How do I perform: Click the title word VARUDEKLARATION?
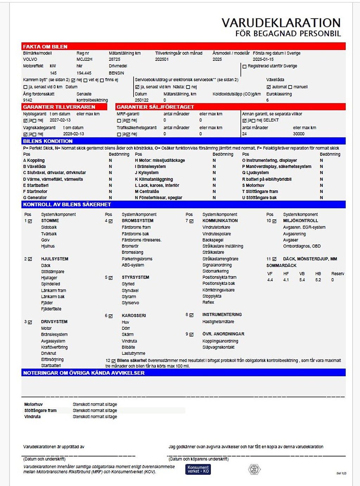tap(281, 23)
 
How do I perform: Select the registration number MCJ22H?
tap(84, 59)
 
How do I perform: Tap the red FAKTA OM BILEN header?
tap(45, 46)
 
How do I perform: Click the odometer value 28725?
tap(115, 59)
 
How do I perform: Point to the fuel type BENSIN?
tap(116, 73)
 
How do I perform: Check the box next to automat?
tap(269, 87)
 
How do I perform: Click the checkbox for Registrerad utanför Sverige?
tap(244, 66)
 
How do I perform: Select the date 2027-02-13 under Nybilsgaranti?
tap(60, 120)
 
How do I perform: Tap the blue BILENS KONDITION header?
tap(48, 141)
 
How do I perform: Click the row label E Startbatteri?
tap(36, 185)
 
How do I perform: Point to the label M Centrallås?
tap(147, 192)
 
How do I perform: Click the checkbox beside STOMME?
tap(30, 221)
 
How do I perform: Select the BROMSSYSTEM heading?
tap(137, 221)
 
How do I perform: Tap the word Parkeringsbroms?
tap(137, 259)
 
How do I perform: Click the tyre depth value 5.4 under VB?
tap(302, 280)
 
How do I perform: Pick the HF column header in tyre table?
tap(286, 274)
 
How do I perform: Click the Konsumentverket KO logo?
tap(198, 469)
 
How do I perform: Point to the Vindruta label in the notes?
tap(32, 417)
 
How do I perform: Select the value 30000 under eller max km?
tap(298, 134)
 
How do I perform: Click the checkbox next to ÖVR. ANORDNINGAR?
tap(191, 334)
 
